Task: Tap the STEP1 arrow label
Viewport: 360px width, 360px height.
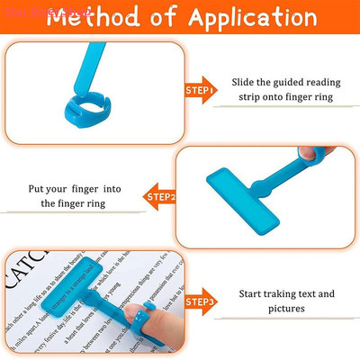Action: (198, 90)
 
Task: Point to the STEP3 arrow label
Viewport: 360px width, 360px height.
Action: (198, 301)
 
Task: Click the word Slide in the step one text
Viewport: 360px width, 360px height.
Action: (245, 82)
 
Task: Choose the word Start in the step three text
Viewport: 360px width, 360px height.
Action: (253, 293)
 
